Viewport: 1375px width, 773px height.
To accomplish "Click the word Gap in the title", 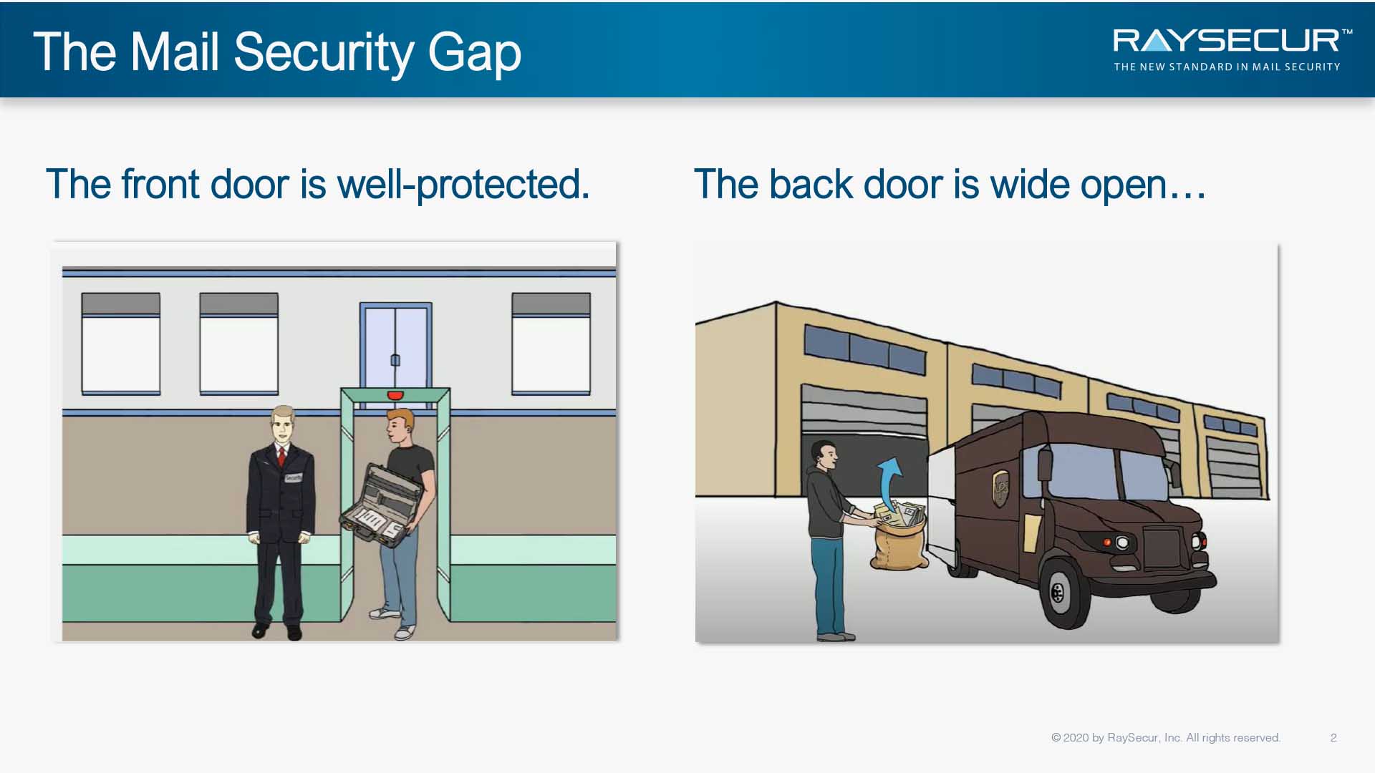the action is click(474, 53).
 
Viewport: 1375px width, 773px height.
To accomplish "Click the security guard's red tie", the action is click(282, 457).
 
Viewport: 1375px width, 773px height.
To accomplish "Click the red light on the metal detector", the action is click(395, 395).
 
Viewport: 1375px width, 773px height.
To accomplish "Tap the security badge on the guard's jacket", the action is click(294, 477).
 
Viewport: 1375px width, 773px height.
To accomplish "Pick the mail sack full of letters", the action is click(899, 535).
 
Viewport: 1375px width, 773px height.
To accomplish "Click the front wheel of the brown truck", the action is click(1063, 592).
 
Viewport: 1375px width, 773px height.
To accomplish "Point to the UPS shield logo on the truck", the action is click(1000, 488).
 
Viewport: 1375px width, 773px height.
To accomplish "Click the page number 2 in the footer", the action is click(1333, 738).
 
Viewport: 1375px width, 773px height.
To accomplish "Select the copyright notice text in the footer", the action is click(1166, 738).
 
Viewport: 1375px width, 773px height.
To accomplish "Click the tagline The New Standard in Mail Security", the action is click(1227, 67).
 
